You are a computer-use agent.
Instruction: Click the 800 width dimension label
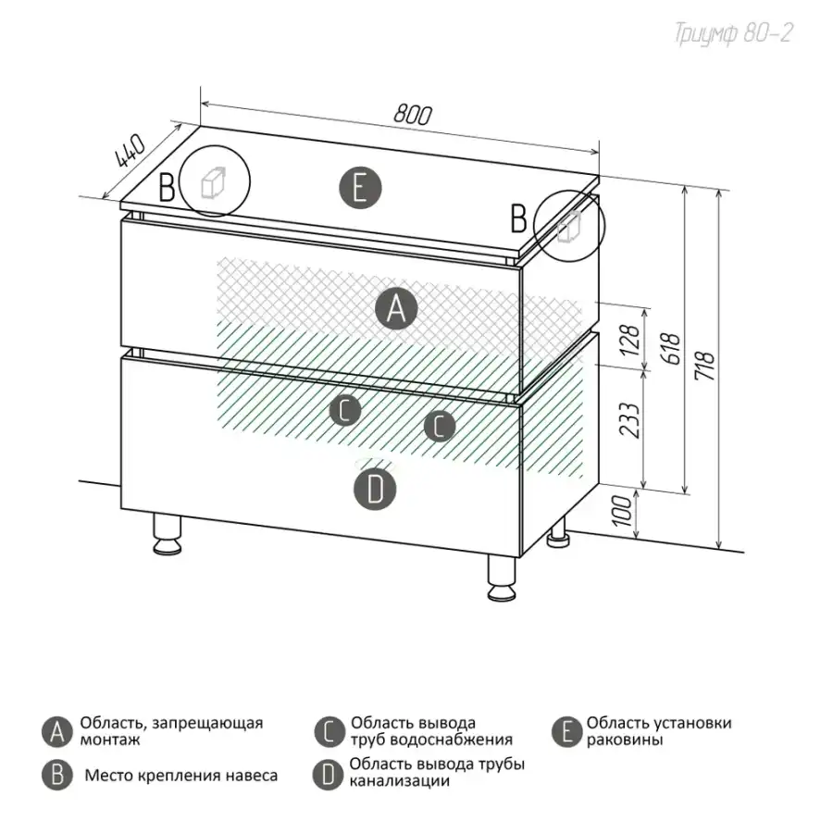tap(413, 114)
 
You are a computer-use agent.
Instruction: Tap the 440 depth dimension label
tap(130, 151)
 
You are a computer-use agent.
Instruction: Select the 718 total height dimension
tap(705, 365)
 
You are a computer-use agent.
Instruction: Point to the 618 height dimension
tap(672, 349)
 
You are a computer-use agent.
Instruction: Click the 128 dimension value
tap(630, 340)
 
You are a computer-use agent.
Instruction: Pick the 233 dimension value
tap(630, 420)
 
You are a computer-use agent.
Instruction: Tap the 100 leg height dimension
tap(622, 511)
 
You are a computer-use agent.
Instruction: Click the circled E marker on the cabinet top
tap(360, 188)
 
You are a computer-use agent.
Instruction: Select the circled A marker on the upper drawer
tap(396, 308)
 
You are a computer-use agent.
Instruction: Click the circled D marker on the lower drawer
tap(375, 490)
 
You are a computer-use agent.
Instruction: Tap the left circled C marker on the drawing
tap(345, 410)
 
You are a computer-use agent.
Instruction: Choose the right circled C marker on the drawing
tap(440, 426)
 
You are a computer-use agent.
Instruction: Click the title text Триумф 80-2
tap(733, 33)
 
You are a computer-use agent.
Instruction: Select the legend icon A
tap(56, 732)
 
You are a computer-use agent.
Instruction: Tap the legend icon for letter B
tap(56, 775)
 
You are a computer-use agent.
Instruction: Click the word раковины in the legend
tap(624, 740)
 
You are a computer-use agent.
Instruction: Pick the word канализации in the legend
tap(400, 781)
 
